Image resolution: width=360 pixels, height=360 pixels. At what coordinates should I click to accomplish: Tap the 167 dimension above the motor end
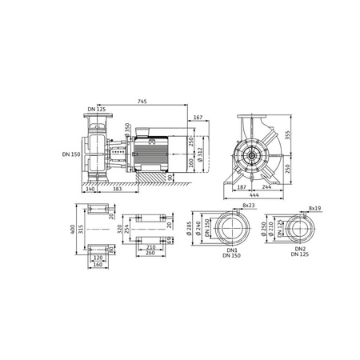tap(197, 118)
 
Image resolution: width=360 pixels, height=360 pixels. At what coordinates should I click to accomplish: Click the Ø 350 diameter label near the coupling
tap(127, 130)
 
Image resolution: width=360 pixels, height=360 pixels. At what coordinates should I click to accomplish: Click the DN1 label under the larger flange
tap(211, 249)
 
